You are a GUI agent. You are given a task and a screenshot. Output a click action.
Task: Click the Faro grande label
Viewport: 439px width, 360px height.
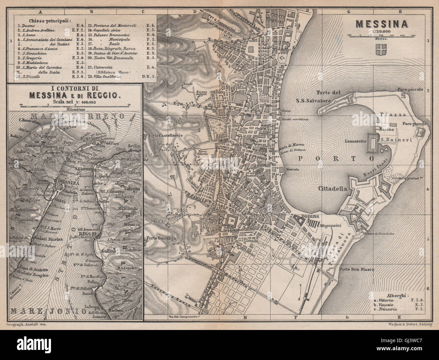coord(415,124)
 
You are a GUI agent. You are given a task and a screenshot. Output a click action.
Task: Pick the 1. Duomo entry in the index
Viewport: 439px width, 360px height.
coord(26,25)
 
